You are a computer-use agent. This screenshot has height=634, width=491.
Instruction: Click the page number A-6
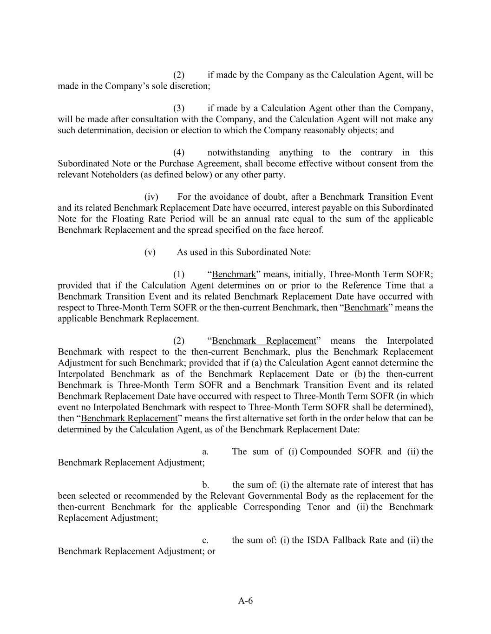(245, 601)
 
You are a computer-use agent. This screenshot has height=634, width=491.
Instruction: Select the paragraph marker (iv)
(151, 197)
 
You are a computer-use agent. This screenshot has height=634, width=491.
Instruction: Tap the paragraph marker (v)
(150, 252)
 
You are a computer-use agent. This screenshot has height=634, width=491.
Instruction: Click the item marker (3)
(179, 108)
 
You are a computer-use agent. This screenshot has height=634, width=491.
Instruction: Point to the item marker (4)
(179, 153)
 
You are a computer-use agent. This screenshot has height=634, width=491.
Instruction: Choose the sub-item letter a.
(205, 451)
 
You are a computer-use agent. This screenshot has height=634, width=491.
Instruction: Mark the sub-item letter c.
(205, 540)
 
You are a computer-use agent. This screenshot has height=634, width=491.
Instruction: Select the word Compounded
(326, 451)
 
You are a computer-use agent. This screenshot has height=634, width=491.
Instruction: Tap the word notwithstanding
(238, 153)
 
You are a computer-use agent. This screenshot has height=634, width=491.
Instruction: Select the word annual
(266, 219)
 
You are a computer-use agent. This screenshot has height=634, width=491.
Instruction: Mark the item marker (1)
(179, 275)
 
